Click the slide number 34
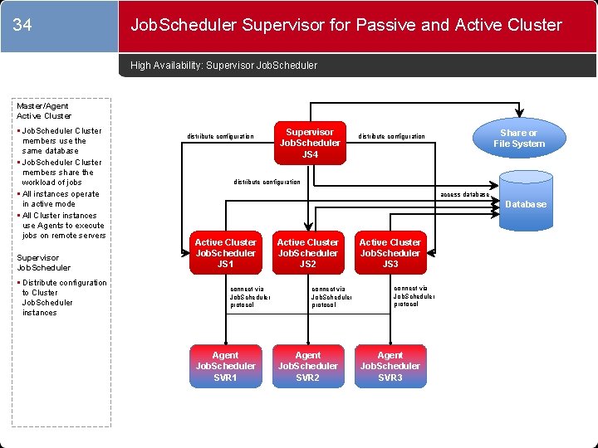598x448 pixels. click(22, 26)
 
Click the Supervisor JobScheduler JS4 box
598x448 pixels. click(310, 143)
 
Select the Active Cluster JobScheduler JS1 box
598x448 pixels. click(225, 253)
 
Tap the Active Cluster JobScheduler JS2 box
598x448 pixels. click(308, 253)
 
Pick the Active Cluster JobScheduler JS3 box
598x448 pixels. click(390, 253)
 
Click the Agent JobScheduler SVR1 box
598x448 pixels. click(225, 366)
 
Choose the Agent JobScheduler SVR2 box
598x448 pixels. click(308, 366)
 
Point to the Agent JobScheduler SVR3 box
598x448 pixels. click(390, 366)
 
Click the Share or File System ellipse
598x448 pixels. click(518, 139)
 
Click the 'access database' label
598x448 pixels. click(464, 194)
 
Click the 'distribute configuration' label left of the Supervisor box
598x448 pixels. click(221, 136)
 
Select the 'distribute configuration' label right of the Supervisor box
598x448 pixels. click(391, 136)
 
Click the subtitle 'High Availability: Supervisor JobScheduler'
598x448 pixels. click(224, 65)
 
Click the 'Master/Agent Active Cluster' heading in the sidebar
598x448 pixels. click(45, 110)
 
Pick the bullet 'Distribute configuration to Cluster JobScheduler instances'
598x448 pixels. click(63, 297)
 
